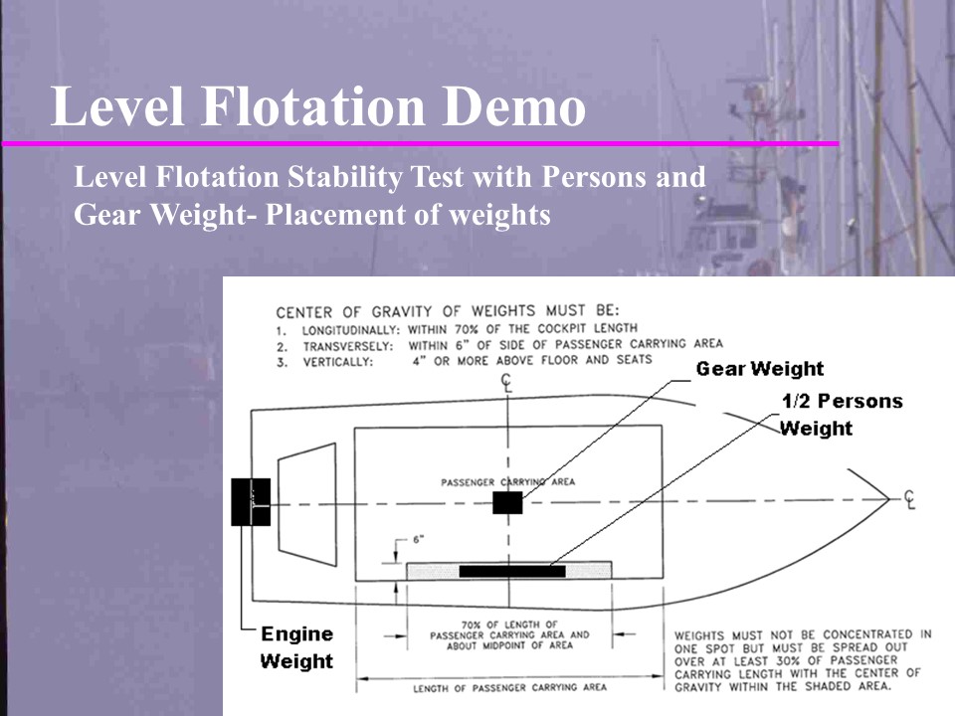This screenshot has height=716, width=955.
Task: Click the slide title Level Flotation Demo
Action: [317, 107]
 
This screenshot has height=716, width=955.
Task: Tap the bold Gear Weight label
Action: [759, 369]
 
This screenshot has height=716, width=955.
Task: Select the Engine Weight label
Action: [296, 647]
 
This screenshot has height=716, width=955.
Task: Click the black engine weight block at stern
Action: [251, 501]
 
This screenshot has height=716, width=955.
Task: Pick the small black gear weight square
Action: [507, 502]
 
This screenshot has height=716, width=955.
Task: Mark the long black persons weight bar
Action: [511, 571]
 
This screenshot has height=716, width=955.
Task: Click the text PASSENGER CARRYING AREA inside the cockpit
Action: [507, 482]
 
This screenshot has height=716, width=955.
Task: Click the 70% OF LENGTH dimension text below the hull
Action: [509, 633]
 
